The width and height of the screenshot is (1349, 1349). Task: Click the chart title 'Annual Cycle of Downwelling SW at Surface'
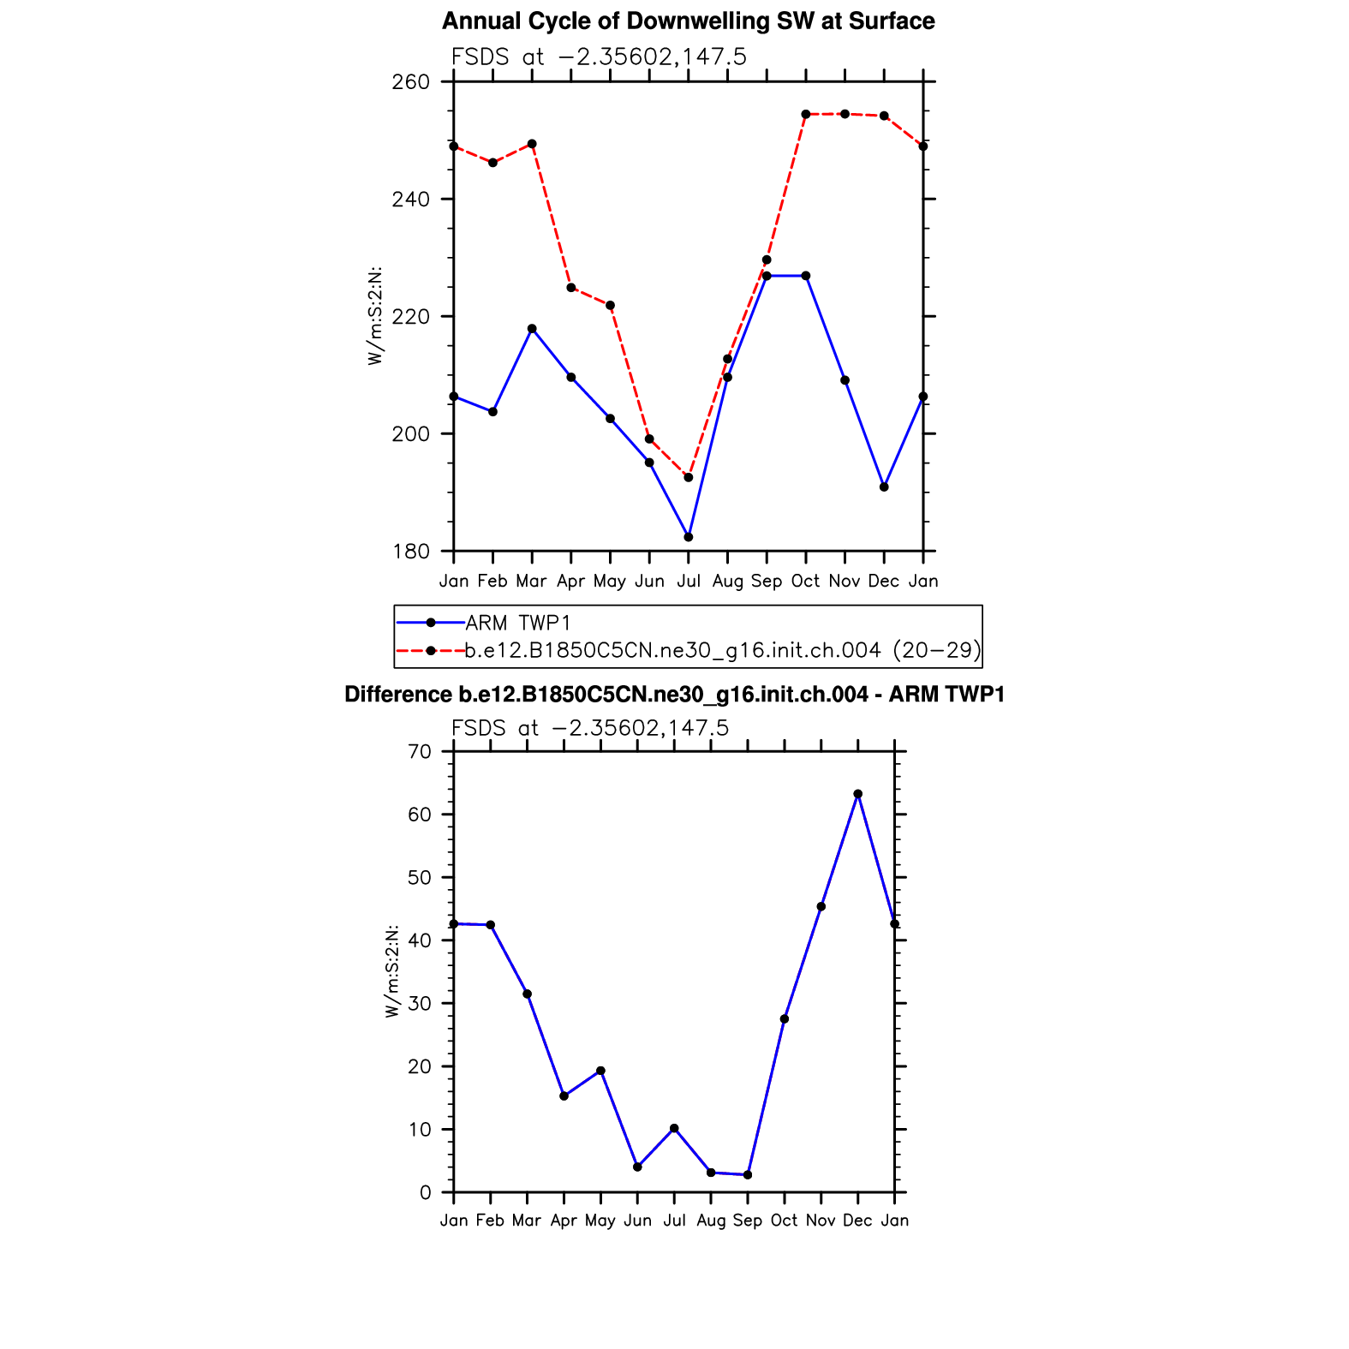point(688,21)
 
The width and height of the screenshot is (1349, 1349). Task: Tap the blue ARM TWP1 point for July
point(689,537)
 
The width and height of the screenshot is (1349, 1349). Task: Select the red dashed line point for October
point(806,114)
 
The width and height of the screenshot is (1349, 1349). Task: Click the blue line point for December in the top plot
point(884,487)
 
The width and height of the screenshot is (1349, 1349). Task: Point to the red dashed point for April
point(571,288)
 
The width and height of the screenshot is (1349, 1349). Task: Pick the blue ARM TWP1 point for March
point(532,329)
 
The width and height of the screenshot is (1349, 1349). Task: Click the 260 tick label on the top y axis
point(412,82)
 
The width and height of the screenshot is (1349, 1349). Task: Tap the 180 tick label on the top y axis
point(412,552)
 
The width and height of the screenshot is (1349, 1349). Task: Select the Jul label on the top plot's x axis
point(689,582)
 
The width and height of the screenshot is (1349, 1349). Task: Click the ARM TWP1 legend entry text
point(517,623)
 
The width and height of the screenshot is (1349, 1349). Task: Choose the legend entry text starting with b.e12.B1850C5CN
point(722,651)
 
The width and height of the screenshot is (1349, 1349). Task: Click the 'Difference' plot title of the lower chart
point(674,695)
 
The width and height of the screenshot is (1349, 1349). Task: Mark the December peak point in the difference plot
point(858,794)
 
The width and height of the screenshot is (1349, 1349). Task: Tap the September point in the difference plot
point(748,1175)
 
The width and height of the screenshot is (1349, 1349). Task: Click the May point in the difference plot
point(600,1071)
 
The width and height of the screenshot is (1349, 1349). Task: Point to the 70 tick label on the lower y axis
point(420,752)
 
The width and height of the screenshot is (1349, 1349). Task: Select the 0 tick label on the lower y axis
point(425,1192)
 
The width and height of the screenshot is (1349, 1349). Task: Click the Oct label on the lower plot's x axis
point(784,1221)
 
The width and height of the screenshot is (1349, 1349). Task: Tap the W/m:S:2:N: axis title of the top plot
point(375,316)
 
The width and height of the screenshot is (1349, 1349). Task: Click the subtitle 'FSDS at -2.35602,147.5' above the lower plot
point(590,728)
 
